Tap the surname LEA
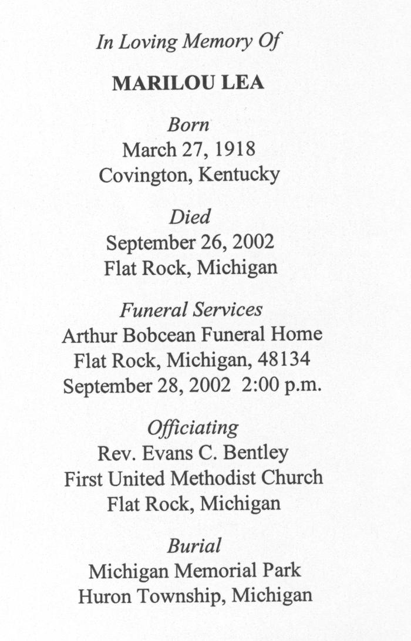pyautogui.click(x=242, y=83)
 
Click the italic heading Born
pyautogui.click(x=188, y=124)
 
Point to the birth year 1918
pyautogui.click(x=235, y=150)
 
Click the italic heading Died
pyautogui.click(x=189, y=217)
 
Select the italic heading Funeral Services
pyautogui.click(x=191, y=309)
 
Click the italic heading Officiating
pyautogui.click(x=193, y=427)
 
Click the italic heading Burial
pyautogui.click(x=194, y=545)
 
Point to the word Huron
pyautogui.click(x=106, y=596)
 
